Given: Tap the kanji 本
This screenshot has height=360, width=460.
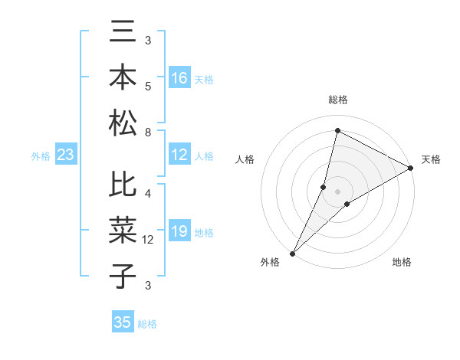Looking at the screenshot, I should pyautogui.click(x=123, y=77).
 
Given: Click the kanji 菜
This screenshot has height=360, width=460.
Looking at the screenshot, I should pyautogui.click(x=123, y=231).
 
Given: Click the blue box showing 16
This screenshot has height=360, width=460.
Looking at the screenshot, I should pyautogui.click(x=179, y=77).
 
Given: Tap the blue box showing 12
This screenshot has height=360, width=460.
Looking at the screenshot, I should pyautogui.click(x=179, y=155).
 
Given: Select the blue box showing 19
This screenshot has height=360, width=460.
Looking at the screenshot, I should pyautogui.click(x=179, y=231).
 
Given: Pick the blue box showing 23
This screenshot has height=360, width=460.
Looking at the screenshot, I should pyautogui.click(x=66, y=155).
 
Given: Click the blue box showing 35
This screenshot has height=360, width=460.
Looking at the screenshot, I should pyautogui.click(x=123, y=322).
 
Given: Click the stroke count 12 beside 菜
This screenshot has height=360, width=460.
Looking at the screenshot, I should pyautogui.click(x=149, y=239).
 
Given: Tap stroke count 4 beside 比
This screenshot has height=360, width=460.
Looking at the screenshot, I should pyautogui.click(x=148, y=193).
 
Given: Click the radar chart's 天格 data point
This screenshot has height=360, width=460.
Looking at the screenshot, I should pyautogui.click(x=411, y=169).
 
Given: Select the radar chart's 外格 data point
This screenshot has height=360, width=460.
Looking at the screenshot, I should pyautogui.click(x=292, y=253).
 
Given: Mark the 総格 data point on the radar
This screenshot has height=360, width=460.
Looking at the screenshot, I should pyautogui.click(x=337, y=131).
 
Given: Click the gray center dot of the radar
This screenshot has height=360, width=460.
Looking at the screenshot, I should pyautogui.click(x=337, y=191).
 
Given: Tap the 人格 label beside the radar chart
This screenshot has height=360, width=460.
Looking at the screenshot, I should pyautogui.click(x=245, y=159).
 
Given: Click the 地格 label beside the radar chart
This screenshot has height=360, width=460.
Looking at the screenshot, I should pyautogui.click(x=402, y=262).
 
